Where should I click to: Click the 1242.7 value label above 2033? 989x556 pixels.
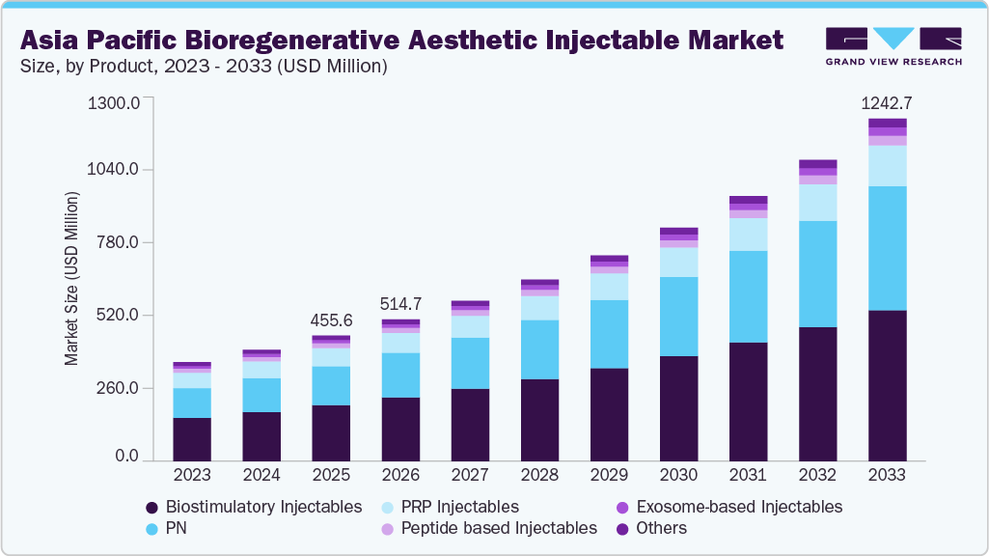pos(887,102)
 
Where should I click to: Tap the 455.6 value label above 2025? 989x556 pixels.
pos(331,320)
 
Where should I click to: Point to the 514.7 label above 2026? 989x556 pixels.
pos(400,303)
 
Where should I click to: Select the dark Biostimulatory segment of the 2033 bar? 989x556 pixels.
pos(887,385)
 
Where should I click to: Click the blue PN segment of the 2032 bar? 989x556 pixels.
pos(818,273)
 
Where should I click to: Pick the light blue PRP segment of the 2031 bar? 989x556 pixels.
pos(748,234)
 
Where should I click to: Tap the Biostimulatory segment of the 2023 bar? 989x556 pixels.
pos(192,439)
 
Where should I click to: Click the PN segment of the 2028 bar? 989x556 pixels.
pos(539,349)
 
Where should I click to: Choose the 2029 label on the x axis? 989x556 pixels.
pos(609,475)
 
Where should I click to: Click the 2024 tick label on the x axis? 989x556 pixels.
pos(261,475)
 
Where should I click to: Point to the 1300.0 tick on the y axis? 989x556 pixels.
pos(114,102)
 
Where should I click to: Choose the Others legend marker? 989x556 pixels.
pos(623,528)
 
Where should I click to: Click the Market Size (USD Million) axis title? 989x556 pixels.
pos(71,279)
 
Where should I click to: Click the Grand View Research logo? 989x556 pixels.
pos(893,46)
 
